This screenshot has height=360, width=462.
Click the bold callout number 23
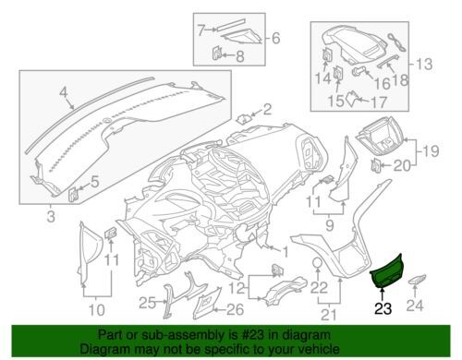[383, 308]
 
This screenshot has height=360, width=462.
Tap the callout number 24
[415, 306]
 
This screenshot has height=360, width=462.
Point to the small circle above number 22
[318, 264]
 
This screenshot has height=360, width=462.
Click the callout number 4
[63, 92]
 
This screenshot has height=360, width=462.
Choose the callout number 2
[267, 109]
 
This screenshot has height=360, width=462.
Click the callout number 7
[201, 30]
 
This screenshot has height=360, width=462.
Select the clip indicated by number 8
[216, 53]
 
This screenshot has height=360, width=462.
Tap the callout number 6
[276, 39]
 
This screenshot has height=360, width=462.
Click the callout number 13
[424, 65]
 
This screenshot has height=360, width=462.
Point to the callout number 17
[378, 102]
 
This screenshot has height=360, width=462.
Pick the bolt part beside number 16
[358, 71]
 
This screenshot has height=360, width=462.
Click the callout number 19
[431, 151]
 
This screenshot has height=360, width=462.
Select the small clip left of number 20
[375, 165]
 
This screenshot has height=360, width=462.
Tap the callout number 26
[235, 309]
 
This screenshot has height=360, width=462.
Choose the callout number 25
[148, 304]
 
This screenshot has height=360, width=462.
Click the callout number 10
[96, 310]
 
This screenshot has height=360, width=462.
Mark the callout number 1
[285, 252]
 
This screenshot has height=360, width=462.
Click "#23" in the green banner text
[250, 335]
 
